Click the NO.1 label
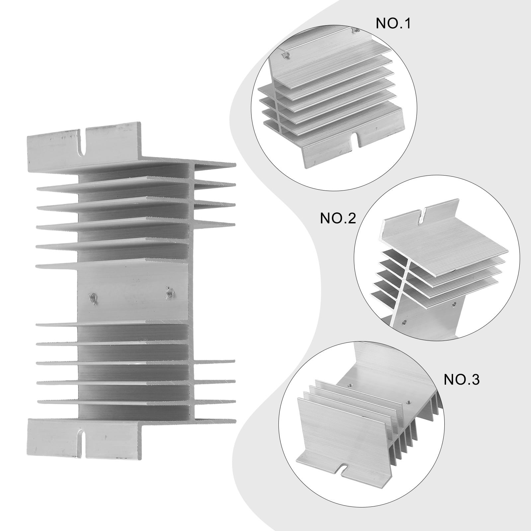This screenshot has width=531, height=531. [393, 24]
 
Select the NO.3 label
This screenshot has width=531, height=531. [462, 380]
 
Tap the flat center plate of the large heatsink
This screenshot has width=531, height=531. [133, 292]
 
